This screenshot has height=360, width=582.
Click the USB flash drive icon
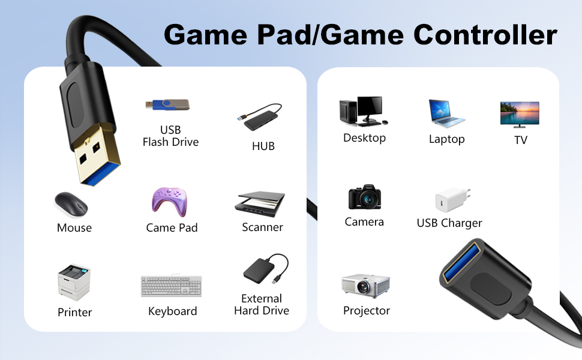[x=167, y=105]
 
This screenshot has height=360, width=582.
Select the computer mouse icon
[x=71, y=204]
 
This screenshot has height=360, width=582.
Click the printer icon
[x=74, y=281]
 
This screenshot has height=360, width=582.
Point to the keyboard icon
[x=172, y=286]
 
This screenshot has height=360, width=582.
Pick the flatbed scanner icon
[x=259, y=204]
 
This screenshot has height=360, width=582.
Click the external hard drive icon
[x=266, y=269]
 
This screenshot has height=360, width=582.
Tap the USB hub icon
[x=259, y=117]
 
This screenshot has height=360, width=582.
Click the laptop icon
[x=446, y=113]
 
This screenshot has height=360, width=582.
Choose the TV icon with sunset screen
[x=520, y=115]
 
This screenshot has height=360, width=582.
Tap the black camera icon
[x=364, y=197]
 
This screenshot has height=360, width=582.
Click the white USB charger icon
[x=452, y=199]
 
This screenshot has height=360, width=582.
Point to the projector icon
[x=365, y=286]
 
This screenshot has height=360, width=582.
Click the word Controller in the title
[x=485, y=35]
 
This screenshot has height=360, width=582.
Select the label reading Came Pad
[x=172, y=227]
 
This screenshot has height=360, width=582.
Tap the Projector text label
[x=367, y=311]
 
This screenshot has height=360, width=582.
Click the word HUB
[x=263, y=146]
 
